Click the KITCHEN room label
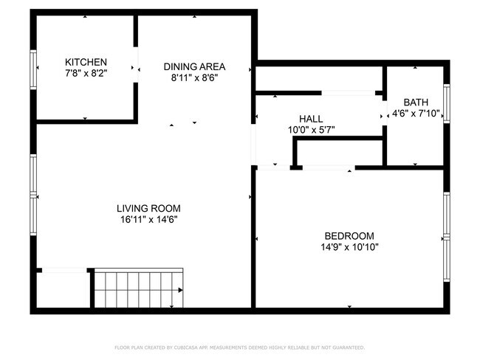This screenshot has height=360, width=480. pyautogui.click(x=86, y=62)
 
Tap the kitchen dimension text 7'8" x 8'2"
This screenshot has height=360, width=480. pyautogui.click(x=86, y=73)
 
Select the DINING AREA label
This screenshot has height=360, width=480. pyautogui.click(x=194, y=66)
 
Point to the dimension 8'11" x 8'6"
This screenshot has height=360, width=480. pyautogui.click(x=194, y=77)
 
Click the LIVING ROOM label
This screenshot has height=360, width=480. pyautogui.click(x=148, y=208)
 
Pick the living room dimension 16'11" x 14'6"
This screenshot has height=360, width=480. pyautogui.click(x=148, y=219)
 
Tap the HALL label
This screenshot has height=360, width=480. pyautogui.click(x=311, y=119)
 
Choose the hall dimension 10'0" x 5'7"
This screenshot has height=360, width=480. pyautogui.click(x=311, y=130)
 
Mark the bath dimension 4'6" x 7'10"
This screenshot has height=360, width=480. pyautogui.click(x=415, y=113)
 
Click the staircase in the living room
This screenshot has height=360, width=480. pyautogui.click(x=137, y=288)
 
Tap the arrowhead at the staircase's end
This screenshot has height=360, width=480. pyautogui.click(x=179, y=291)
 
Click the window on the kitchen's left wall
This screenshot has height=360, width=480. pyautogui.click(x=33, y=70)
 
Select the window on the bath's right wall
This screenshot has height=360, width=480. pyautogui.click(x=446, y=103)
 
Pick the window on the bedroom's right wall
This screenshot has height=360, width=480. pyautogui.click(x=446, y=235)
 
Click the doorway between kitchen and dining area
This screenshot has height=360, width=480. pyautogui.click(x=137, y=69)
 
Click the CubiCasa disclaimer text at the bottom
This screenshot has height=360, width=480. pyautogui.click(x=239, y=347)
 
